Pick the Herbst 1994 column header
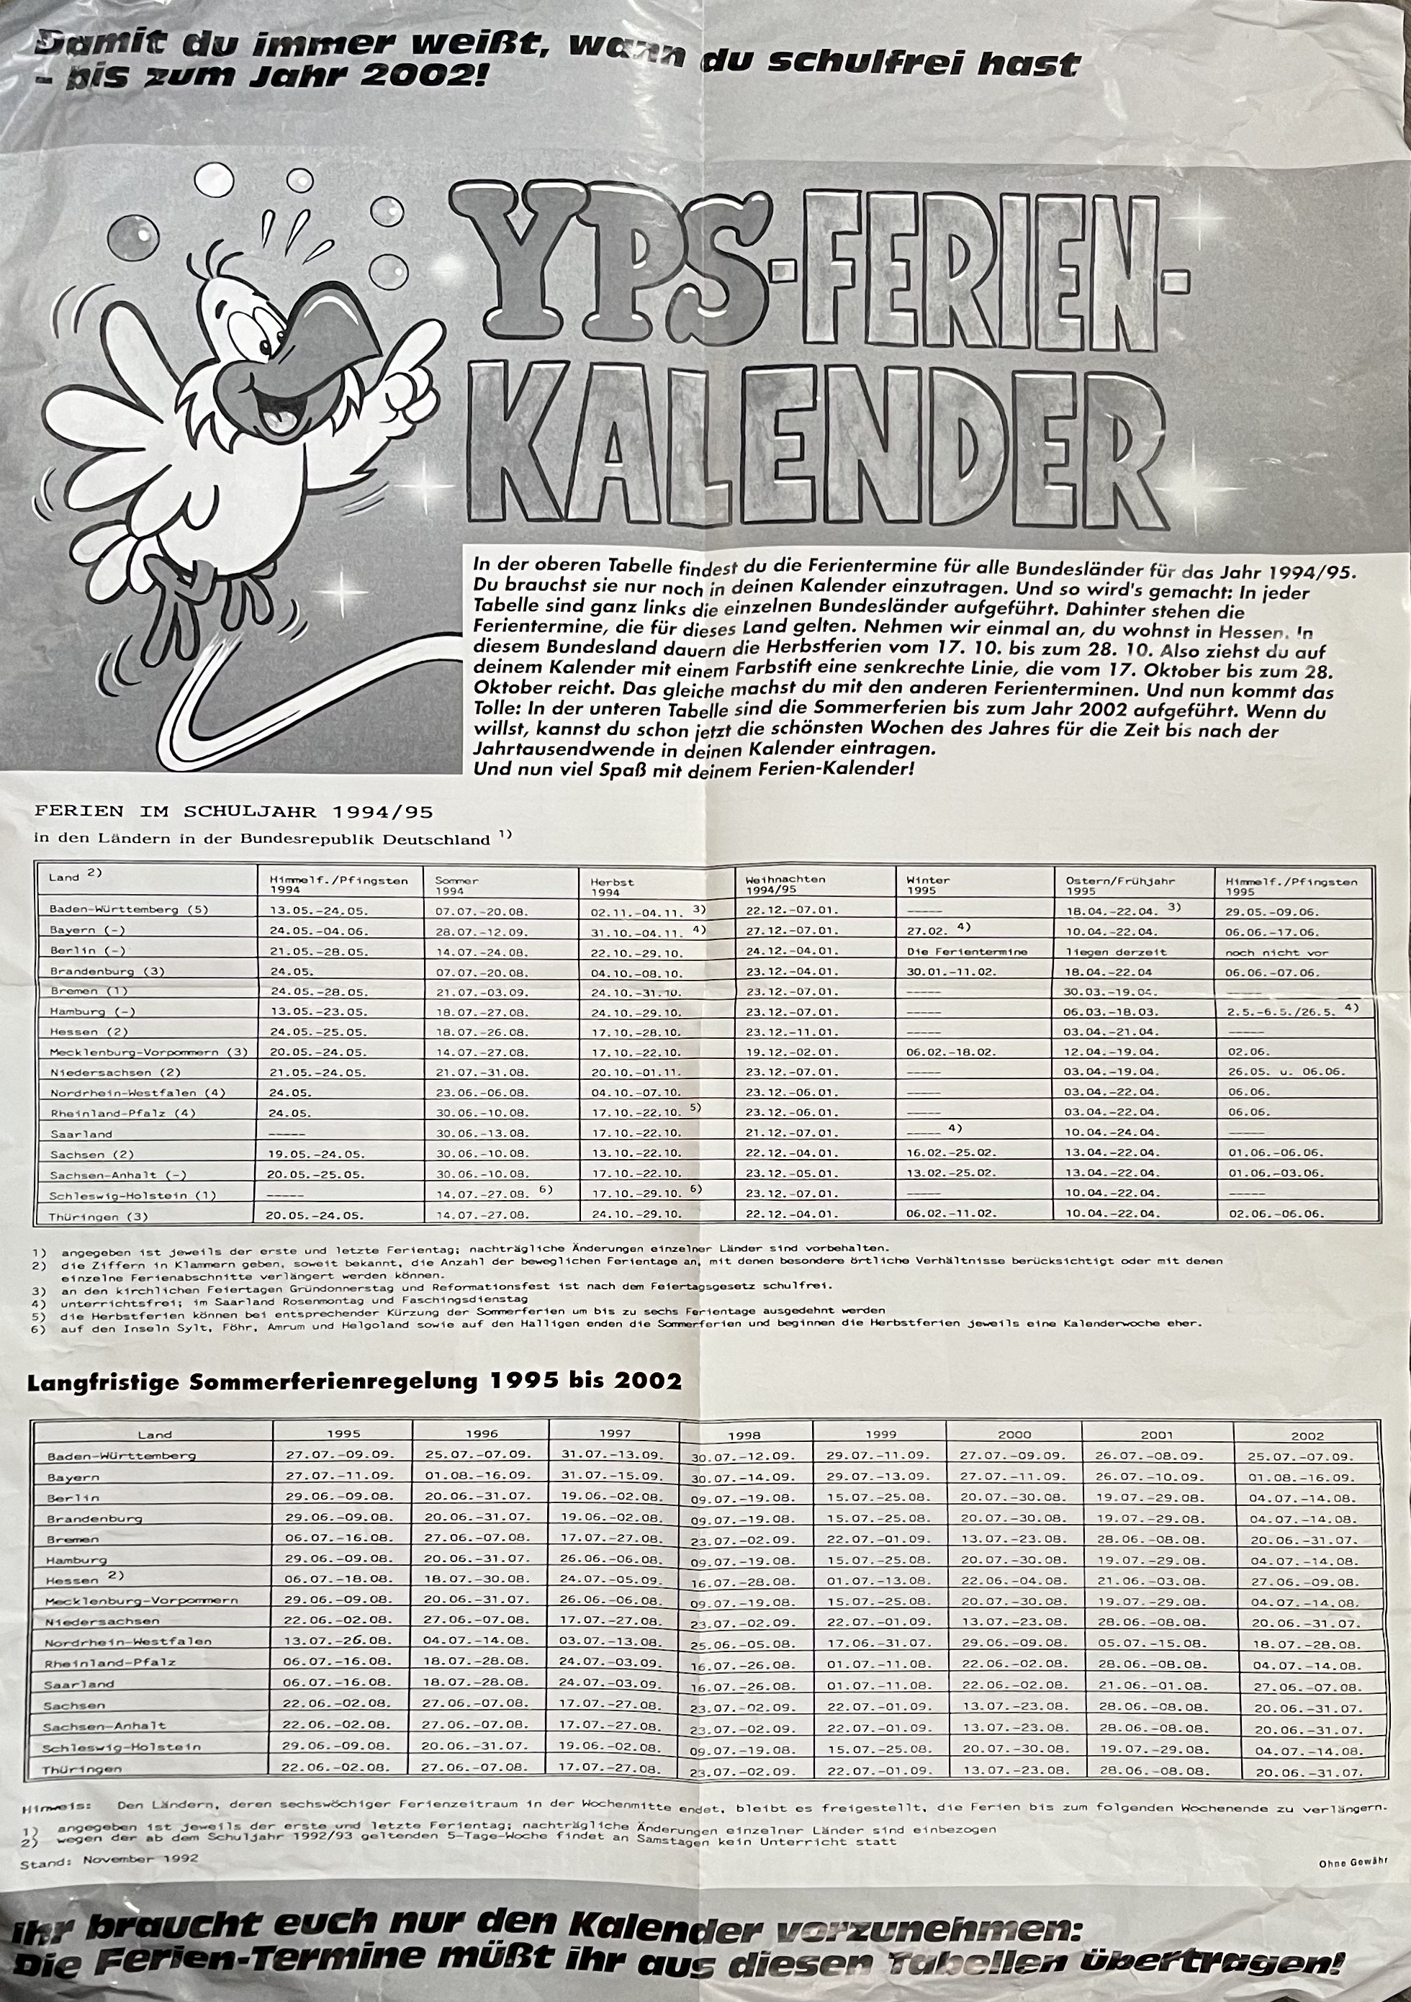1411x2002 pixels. click(x=611, y=886)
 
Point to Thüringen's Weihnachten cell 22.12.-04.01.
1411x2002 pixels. click(x=792, y=1213)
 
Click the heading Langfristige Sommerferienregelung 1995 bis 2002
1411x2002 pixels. click(x=354, y=1381)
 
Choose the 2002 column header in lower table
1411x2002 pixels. click(x=1307, y=1435)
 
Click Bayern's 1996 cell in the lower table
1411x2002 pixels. click(x=480, y=1475)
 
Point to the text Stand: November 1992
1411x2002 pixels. click(x=109, y=1858)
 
